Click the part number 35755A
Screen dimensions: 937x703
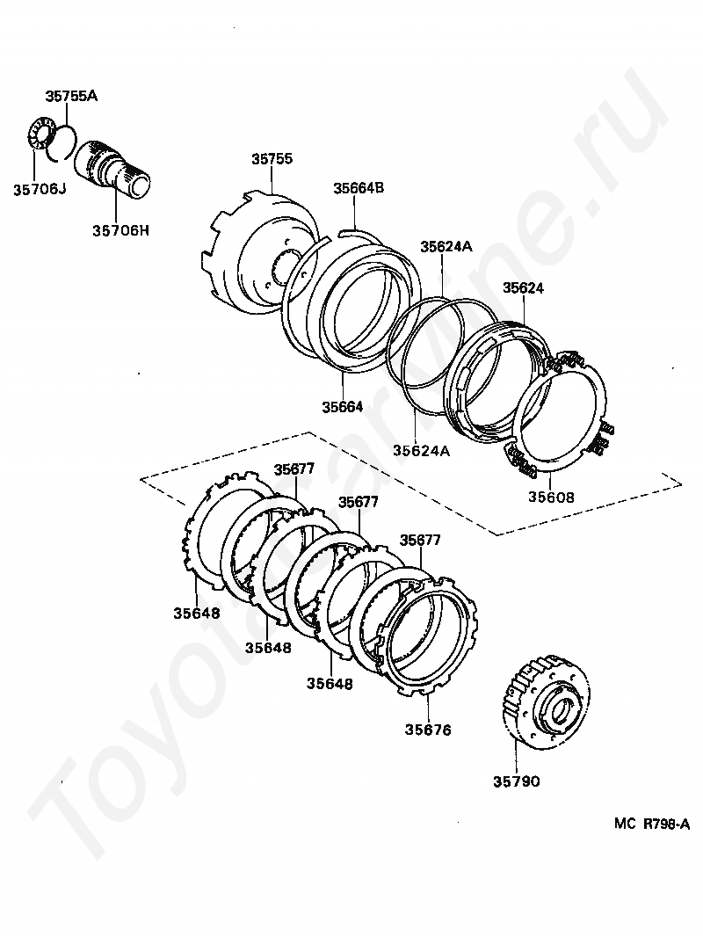[x=72, y=98]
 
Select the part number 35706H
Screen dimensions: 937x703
[x=120, y=230]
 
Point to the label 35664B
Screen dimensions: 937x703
[x=359, y=188]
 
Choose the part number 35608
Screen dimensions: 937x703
[x=551, y=497]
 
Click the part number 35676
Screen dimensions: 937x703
[x=428, y=729]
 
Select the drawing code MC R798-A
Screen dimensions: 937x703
[x=652, y=824]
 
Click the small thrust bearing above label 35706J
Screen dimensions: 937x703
[x=36, y=136]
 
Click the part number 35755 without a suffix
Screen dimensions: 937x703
[x=272, y=160]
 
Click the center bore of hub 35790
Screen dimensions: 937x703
[x=562, y=708]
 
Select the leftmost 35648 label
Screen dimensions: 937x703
[x=196, y=614]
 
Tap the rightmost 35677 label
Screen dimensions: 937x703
[x=420, y=540]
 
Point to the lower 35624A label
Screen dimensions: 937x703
[x=422, y=451]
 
